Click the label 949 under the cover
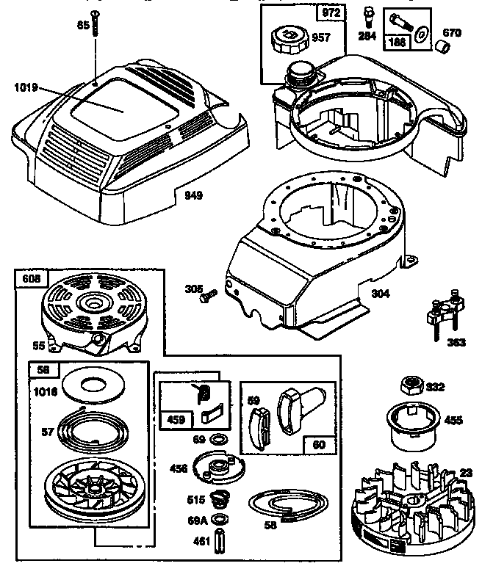(x=194, y=195)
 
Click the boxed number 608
(x=31, y=278)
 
